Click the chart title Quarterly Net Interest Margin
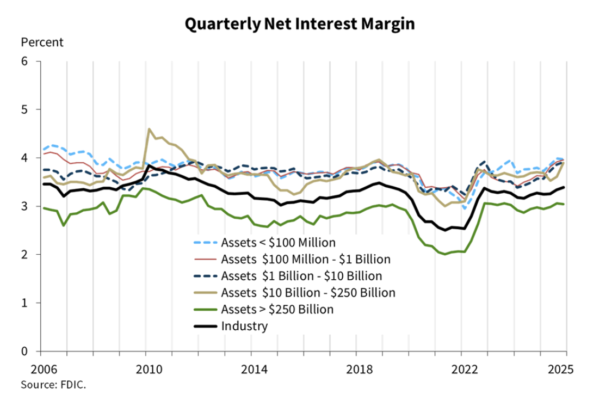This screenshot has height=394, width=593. point(300,24)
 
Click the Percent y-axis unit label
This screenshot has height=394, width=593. point(42,42)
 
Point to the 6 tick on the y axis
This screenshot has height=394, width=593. point(24,61)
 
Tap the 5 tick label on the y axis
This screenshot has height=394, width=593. point(24,109)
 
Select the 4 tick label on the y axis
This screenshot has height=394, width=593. point(24,158)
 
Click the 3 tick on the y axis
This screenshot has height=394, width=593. point(24,206)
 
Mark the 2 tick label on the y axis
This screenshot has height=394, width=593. point(24,254)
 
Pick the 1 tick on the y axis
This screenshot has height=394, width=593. point(24,303)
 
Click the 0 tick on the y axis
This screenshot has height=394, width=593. point(24,351)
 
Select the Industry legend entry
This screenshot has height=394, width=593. point(245,327)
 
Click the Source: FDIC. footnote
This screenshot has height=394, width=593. point(53,385)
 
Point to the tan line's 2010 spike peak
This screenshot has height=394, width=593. point(149,129)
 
